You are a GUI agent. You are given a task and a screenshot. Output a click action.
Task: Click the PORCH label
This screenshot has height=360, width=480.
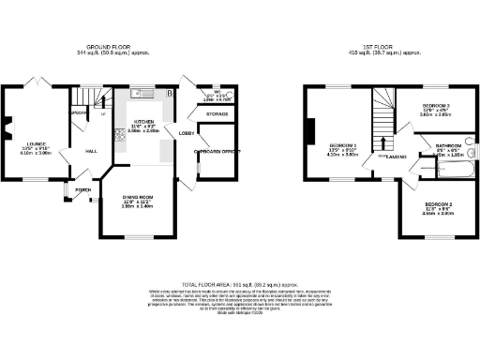pyautogui.click(x=83, y=188)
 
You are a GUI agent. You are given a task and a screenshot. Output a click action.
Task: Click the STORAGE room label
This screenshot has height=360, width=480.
pyautogui.click(x=216, y=114)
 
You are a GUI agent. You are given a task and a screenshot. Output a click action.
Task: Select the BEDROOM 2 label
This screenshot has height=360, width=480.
pyautogui.click(x=438, y=203)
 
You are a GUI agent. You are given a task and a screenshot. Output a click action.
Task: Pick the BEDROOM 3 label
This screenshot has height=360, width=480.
pyautogui.click(x=436, y=105)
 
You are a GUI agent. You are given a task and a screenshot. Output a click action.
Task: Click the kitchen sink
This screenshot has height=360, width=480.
pyautogui.click(x=140, y=93)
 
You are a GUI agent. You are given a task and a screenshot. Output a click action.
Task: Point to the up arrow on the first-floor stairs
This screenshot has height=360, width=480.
pyautogui.click(x=382, y=141)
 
